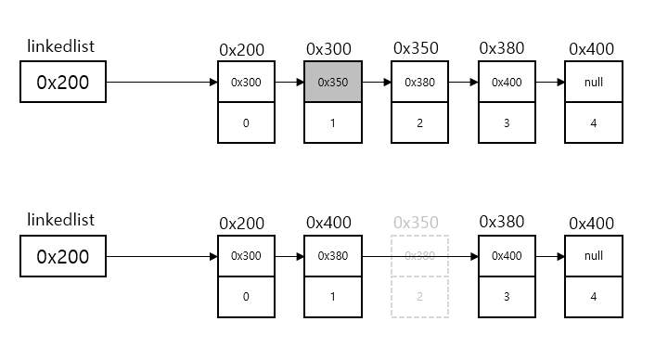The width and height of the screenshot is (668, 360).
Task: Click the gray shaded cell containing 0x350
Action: pyautogui.click(x=333, y=82)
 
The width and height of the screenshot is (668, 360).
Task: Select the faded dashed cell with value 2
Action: pyautogui.click(x=420, y=296)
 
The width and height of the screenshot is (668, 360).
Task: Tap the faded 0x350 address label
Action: pyautogui.click(x=416, y=223)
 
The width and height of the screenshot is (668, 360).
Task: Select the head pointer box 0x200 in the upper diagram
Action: pyautogui.click(x=63, y=83)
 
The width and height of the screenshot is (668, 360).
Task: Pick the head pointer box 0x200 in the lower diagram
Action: pyautogui.click(x=63, y=256)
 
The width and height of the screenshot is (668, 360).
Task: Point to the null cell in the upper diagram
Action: pyautogui.click(x=594, y=82)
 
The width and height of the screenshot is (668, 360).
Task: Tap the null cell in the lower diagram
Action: pyautogui.click(x=594, y=256)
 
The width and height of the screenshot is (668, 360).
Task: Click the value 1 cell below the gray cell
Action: pyautogui.click(x=333, y=122)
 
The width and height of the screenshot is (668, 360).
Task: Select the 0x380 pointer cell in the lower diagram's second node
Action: pyautogui.click(x=333, y=256)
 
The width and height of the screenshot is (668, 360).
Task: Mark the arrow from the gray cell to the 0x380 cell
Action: pyautogui.click(x=377, y=82)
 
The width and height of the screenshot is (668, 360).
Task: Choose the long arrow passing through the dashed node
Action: pyautogui.click(x=419, y=256)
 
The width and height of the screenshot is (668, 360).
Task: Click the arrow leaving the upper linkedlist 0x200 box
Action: pyautogui.click(x=161, y=83)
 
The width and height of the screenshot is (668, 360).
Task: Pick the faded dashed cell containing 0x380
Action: pyautogui.click(x=420, y=256)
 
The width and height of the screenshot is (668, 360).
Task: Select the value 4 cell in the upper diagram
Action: pyautogui.click(x=594, y=122)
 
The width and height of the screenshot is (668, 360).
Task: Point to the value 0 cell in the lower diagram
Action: pyautogui.click(x=246, y=296)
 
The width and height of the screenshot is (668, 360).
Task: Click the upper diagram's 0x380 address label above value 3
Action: pyautogui.click(x=502, y=48)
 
